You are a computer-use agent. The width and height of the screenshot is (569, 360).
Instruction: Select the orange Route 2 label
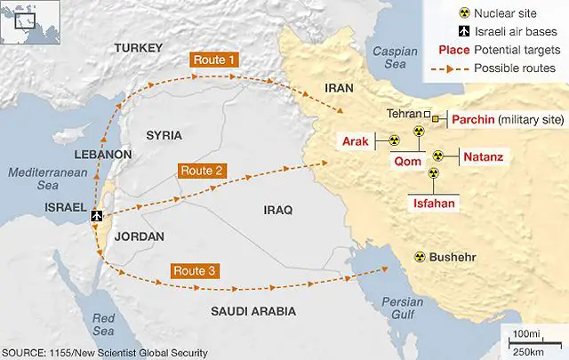pos(203,170)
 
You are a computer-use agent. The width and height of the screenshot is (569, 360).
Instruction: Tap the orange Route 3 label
pos(194,271)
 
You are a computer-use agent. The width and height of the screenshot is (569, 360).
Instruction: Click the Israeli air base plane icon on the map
pos(97,216)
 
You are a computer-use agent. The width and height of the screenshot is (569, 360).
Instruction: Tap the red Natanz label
pos(484,158)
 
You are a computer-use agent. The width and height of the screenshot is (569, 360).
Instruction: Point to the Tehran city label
pos(405,114)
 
